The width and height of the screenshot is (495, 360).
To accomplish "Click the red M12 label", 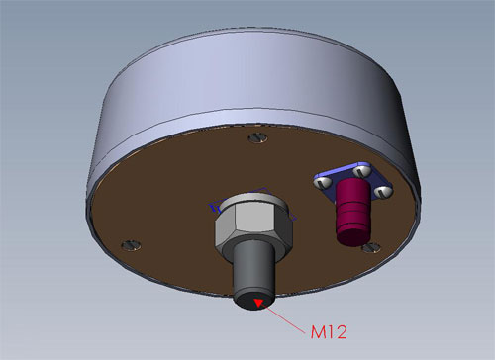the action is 329,332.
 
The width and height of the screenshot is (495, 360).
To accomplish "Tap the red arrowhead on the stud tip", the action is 257,303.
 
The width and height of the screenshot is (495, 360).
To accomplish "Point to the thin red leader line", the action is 284,318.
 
